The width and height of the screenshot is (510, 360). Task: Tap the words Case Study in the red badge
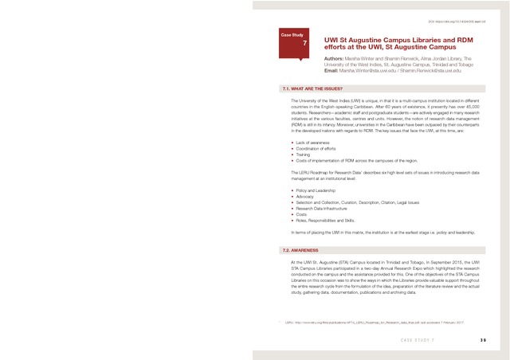(291, 36)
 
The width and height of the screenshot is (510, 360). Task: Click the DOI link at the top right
(457, 22)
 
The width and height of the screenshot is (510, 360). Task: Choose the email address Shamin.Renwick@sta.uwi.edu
(430, 71)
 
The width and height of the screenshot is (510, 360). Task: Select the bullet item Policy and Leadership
(316, 191)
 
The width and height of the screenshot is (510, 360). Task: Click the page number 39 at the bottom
(483, 340)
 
